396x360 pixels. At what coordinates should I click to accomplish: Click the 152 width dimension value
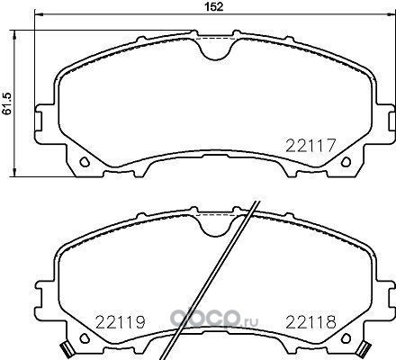click(214, 6)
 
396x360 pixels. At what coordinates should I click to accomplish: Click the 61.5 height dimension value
click(7, 103)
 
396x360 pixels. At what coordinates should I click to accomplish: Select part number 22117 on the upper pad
click(310, 146)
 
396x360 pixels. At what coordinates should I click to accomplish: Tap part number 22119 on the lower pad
click(120, 322)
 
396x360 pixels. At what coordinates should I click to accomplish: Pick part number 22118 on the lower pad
click(310, 322)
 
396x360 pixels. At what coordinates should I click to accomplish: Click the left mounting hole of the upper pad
click(85, 162)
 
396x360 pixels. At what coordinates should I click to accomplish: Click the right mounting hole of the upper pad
click(346, 162)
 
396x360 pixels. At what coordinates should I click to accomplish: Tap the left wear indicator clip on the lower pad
click(67, 350)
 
